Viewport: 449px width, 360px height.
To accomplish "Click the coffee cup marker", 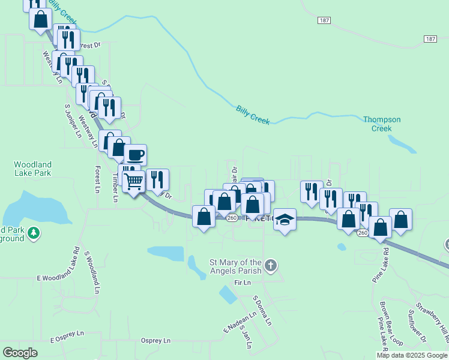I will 135,155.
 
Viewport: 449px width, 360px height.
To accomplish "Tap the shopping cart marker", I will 134,181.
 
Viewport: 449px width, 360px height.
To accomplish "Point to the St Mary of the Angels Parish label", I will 235,266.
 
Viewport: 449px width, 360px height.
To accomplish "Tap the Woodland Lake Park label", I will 33,169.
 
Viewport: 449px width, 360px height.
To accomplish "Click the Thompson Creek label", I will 382,124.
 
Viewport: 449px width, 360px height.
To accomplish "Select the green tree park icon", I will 35,233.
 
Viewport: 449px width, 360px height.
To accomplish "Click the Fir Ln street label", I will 242,282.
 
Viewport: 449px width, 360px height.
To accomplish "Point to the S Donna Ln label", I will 262,311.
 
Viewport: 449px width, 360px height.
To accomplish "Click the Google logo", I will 20,353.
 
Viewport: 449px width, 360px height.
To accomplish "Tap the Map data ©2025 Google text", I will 412,356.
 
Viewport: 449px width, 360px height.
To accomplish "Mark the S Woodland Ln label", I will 92,272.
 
